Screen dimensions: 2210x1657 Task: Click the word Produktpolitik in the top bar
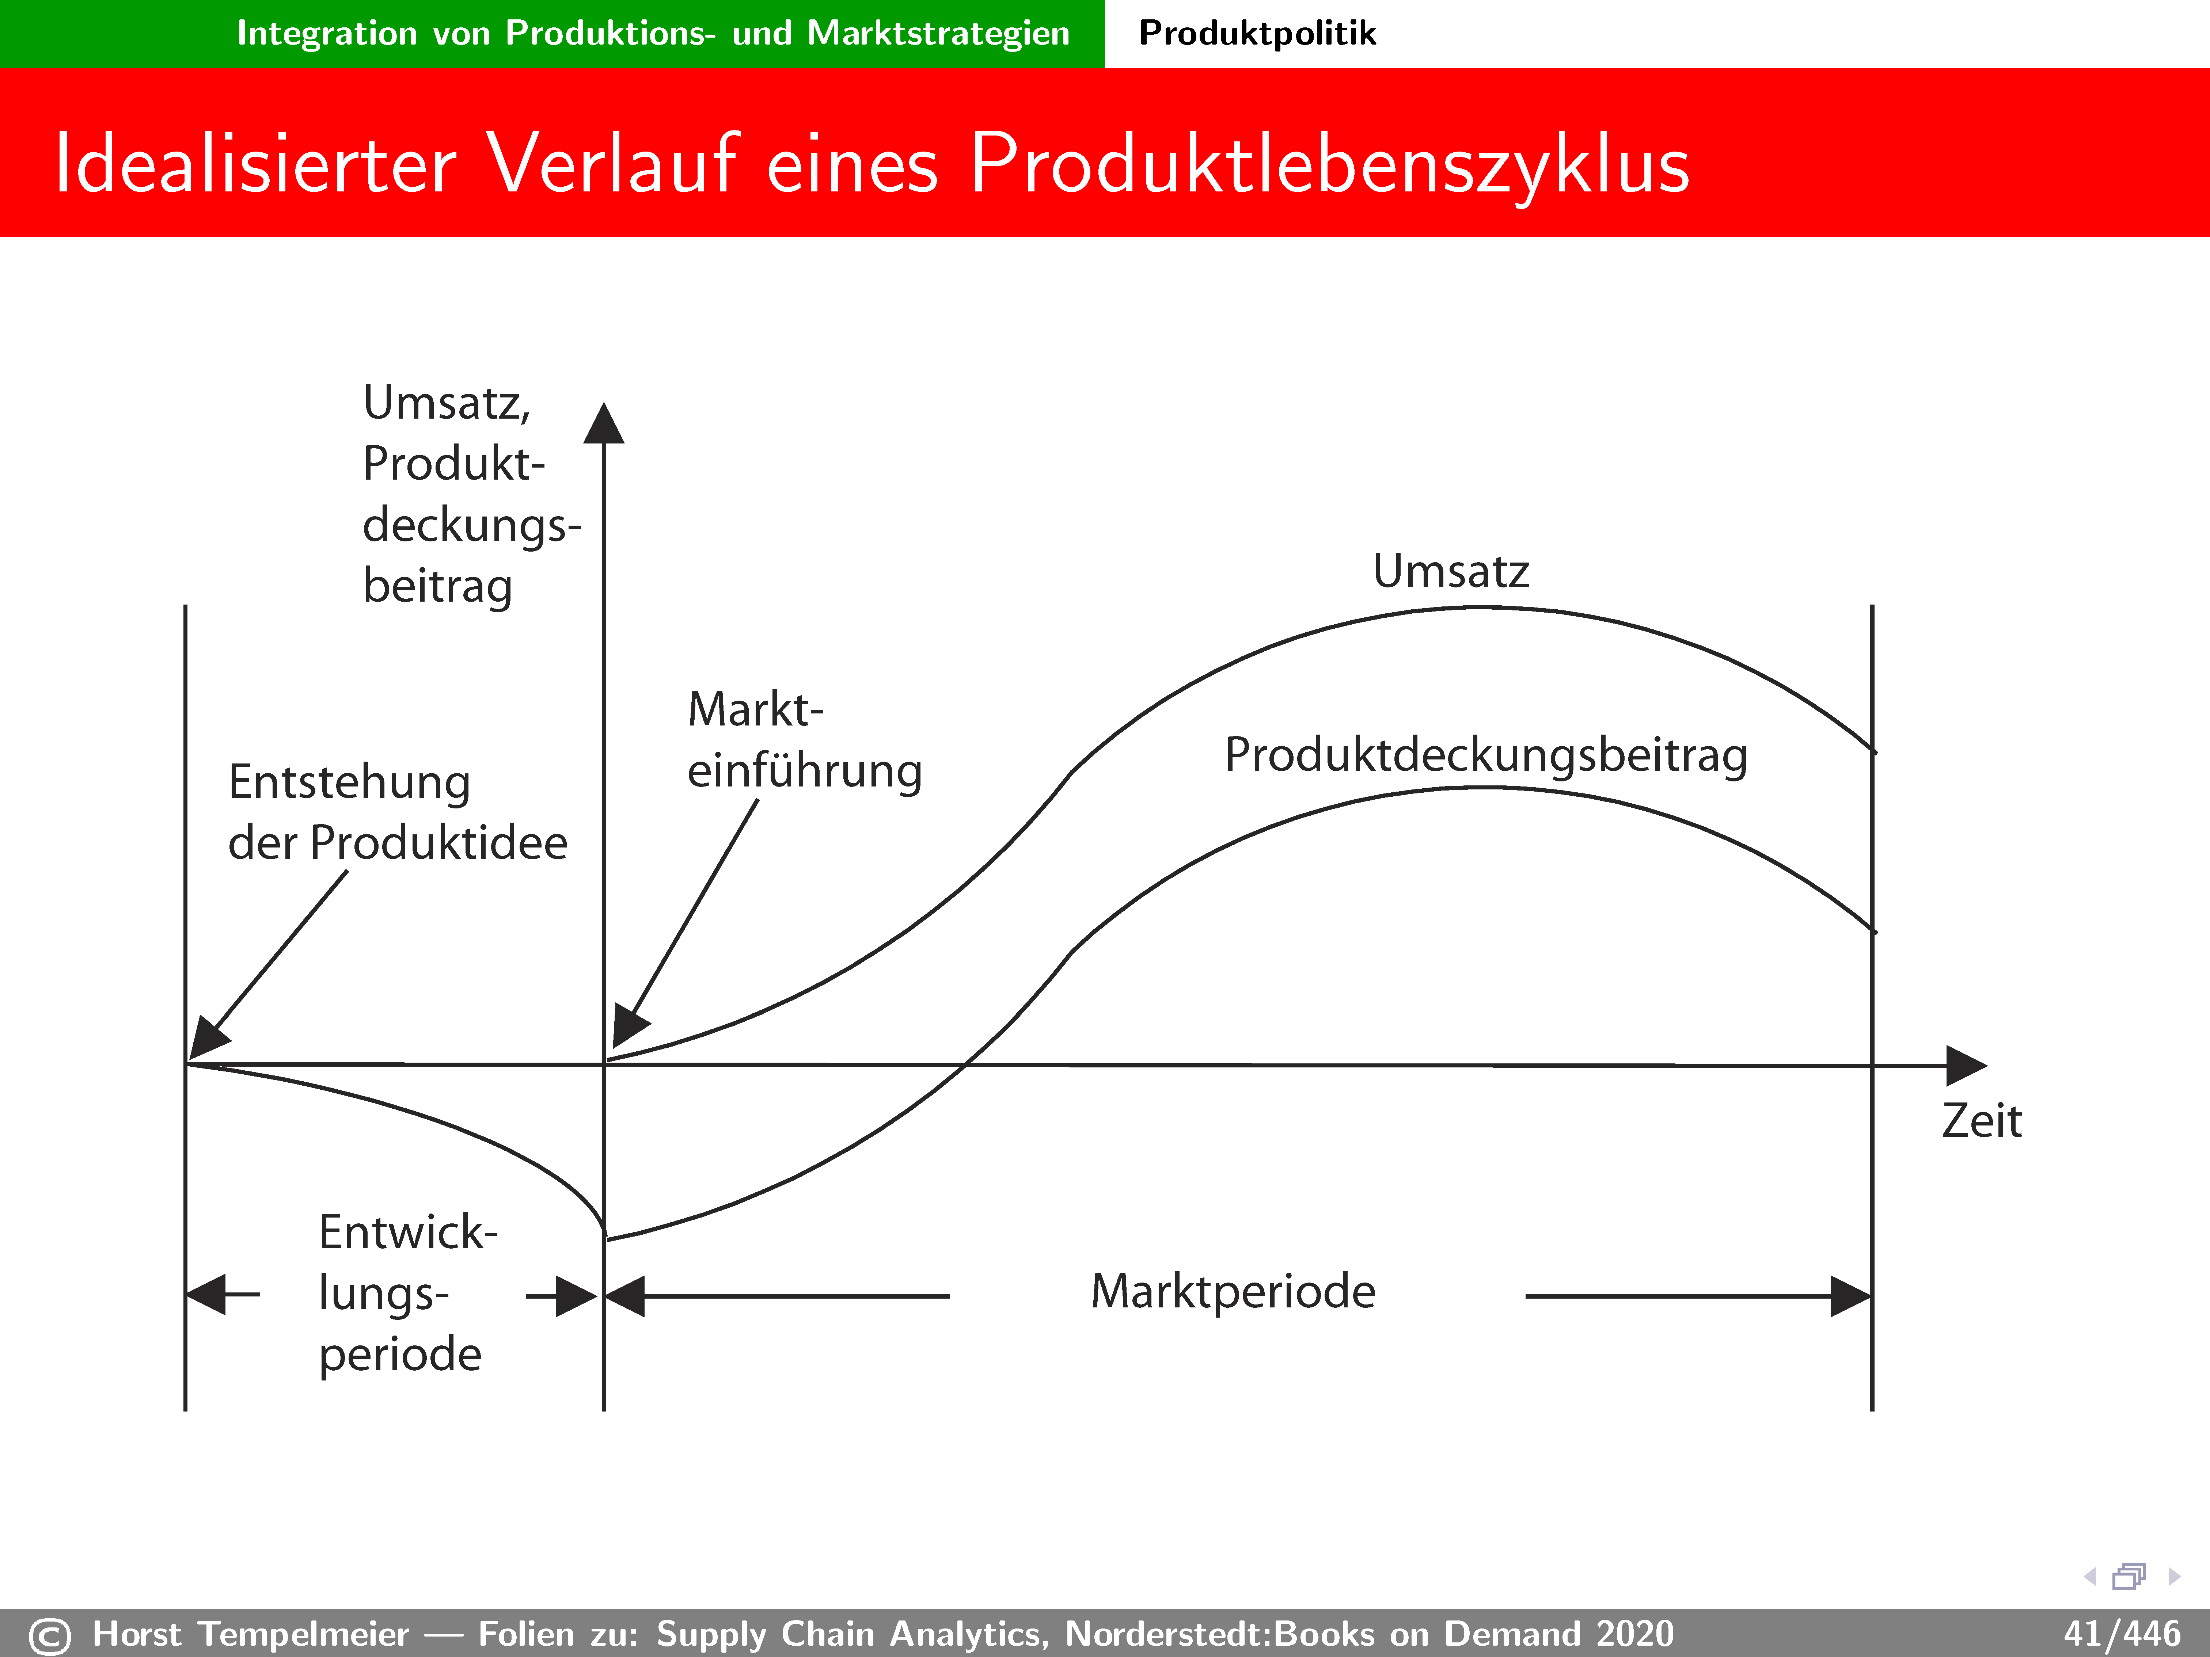tap(1257, 33)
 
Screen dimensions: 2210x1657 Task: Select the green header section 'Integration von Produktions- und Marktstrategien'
tap(552, 34)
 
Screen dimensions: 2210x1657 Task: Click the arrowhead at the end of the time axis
tap(1966, 1066)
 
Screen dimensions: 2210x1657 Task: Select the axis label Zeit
tap(1981, 1121)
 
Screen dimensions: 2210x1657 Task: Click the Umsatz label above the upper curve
tap(1451, 571)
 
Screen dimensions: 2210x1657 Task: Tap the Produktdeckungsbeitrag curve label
tap(1486, 755)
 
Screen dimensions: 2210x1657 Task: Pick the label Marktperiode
tap(1233, 1291)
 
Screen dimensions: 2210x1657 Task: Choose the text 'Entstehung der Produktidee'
tap(398, 812)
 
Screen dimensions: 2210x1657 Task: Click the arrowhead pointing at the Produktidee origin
tap(208, 1039)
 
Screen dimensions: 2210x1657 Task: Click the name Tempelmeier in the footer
tap(304, 1634)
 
